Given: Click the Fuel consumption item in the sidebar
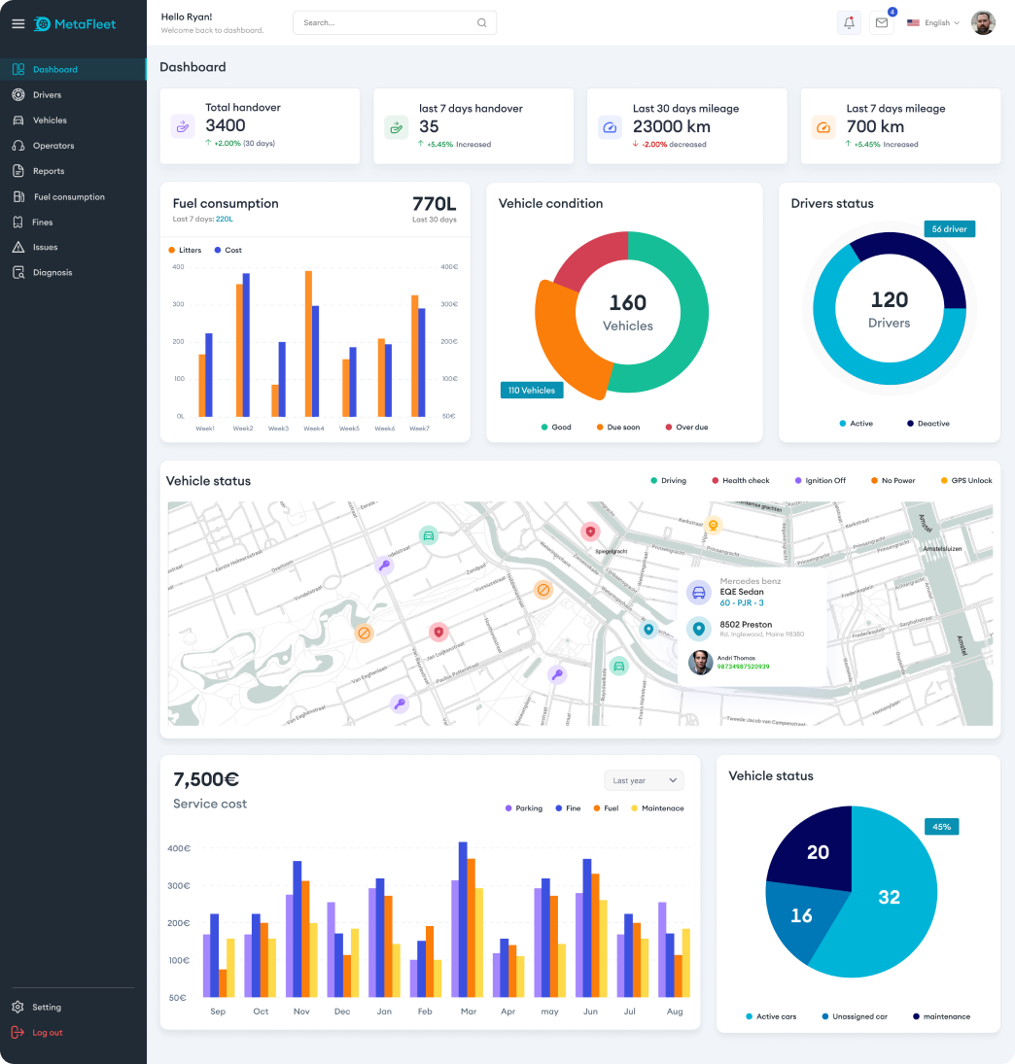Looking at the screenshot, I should (x=68, y=197).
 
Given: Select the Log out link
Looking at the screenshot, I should (x=47, y=1033).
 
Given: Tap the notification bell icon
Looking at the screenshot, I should (x=849, y=23).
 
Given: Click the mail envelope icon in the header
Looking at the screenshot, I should (x=882, y=23).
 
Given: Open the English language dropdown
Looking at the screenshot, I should (x=933, y=23).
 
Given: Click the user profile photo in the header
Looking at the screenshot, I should (x=983, y=23).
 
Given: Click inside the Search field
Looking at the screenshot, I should (x=389, y=23).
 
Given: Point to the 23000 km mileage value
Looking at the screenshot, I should (x=672, y=126).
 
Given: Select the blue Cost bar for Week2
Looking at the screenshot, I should (x=246, y=345).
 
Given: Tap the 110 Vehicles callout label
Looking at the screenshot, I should (x=532, y=391).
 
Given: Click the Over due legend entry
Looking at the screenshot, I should (x=686, y=428).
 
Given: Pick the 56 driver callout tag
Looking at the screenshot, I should (x=949, y=229).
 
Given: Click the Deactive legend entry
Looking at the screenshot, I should (x=928, y=424).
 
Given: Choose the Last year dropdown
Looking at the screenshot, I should (x=644, y=780).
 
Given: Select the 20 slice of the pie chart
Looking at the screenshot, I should (x=815, y=852).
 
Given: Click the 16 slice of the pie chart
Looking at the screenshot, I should (x=800, y=916).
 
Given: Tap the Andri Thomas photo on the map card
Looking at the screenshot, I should (x=699, y=662).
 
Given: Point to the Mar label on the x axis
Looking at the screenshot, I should (x=469, y=1012).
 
